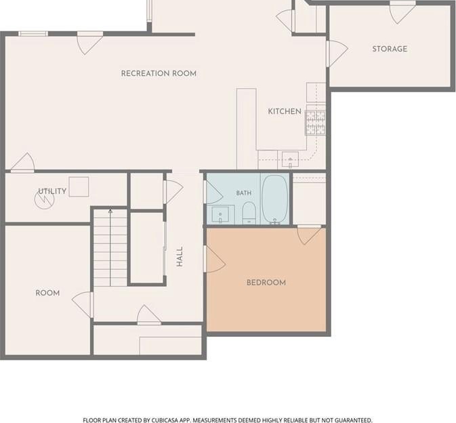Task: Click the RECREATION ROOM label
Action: pyautogui.click(x=159, y=73)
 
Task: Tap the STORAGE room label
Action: pyautogui.click(x=390, y=49)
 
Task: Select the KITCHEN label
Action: pyautogui.click(x=285, y=111)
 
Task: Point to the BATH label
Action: pyautogui.click(x=244, y=193)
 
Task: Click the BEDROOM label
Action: pyautogui.click(x=266, y=283)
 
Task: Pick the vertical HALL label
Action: pyautogui.click(x=180, y=257)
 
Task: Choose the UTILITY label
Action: pyautogui.click(x=52, y=191)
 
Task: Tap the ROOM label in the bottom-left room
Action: pyautogui.click(x=47, y=293)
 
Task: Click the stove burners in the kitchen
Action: pyautogui.click(x=315, y=123)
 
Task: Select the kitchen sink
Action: pyautogui.click(x=290, y=159)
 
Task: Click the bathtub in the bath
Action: pyautogui.click(x=275, y=199)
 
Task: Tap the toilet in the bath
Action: pyautogui.click(x=249, y=213)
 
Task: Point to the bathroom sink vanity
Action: pyautogui.click(x=221, y=215)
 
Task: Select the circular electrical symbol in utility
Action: pyautogui.click(x=45, y=200)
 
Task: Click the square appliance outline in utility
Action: pyautogui.click(x=79, y=187)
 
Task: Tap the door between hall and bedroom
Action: pyautogui.click(x=215, y=259)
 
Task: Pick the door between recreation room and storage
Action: pyautogui.click(x=337, y=54)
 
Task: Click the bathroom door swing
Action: pyautogui.click(x=213, y=192)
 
